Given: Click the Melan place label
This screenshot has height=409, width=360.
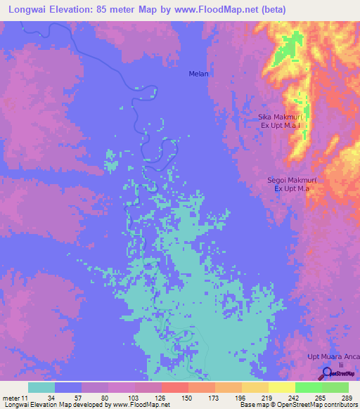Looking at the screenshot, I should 199,73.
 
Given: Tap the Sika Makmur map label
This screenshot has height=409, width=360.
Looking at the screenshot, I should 281,117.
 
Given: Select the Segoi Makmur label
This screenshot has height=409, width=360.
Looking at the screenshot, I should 292,181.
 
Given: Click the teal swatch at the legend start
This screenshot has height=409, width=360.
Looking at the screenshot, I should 41,387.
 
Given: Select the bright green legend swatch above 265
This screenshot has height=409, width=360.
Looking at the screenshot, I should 309,387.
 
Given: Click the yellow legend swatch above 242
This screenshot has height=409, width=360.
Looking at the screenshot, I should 282,387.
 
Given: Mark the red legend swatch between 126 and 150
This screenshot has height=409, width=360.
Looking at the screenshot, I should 175,387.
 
